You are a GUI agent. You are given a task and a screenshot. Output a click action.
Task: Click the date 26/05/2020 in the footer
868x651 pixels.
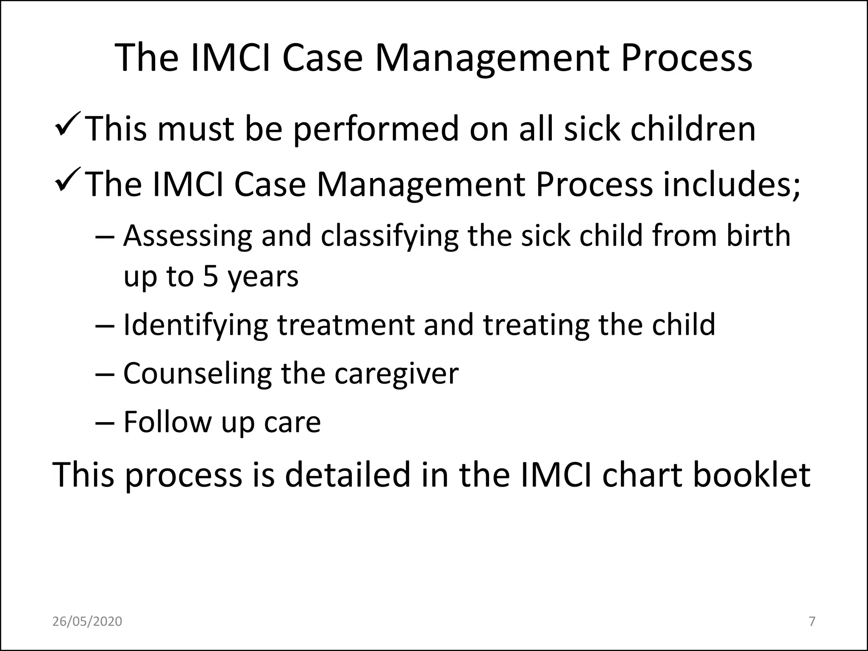87,621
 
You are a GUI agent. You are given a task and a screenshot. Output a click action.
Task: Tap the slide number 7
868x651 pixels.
812,621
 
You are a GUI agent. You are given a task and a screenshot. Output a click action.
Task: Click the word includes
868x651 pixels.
731,185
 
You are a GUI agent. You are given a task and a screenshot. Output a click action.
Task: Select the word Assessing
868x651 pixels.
187,236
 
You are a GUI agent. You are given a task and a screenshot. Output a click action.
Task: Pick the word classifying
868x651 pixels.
389,236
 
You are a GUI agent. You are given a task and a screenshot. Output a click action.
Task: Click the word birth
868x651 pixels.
758,236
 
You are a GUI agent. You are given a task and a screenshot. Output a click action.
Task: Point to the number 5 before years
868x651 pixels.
210,277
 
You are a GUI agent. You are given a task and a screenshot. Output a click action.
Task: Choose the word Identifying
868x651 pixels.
195,325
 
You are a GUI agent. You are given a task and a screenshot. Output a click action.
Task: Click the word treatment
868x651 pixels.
345,325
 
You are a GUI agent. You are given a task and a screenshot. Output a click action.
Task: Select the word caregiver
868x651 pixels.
396,374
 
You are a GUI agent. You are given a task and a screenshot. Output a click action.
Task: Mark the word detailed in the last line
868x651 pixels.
348,475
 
